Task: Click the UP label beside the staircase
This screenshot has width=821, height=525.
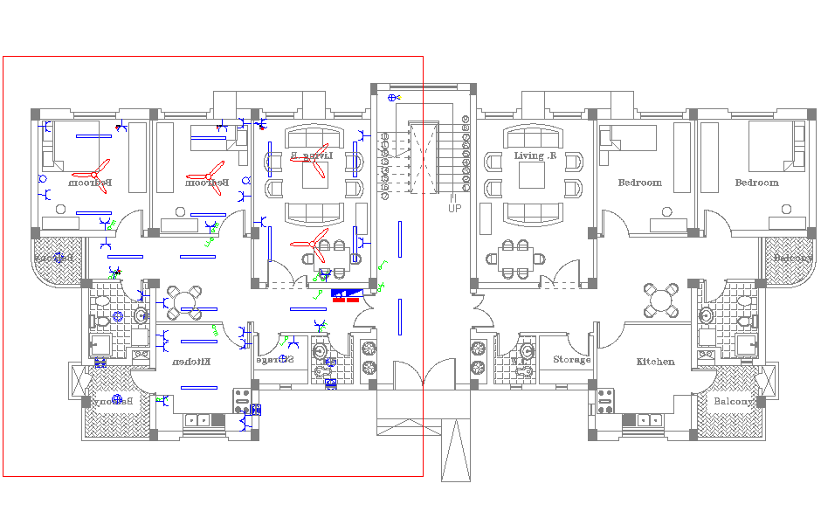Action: click(455, 208)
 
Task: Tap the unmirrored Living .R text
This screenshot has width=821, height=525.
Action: click(535, 156)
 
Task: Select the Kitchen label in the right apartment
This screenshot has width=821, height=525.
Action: click(655, 362)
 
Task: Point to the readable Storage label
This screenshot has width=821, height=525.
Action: click(571, 360)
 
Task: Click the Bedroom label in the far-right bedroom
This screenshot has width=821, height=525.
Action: click(756, 183)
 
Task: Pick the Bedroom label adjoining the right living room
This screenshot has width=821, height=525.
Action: click(640, 183)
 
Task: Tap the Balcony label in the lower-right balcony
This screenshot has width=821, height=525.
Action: click(734, 402)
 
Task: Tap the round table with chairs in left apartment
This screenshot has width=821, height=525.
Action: click(184, 301)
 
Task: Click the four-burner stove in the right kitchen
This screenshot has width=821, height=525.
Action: click(606, 401)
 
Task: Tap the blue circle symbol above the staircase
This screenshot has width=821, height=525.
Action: click(393, 97)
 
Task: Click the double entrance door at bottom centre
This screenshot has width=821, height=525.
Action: click(424, 376)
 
